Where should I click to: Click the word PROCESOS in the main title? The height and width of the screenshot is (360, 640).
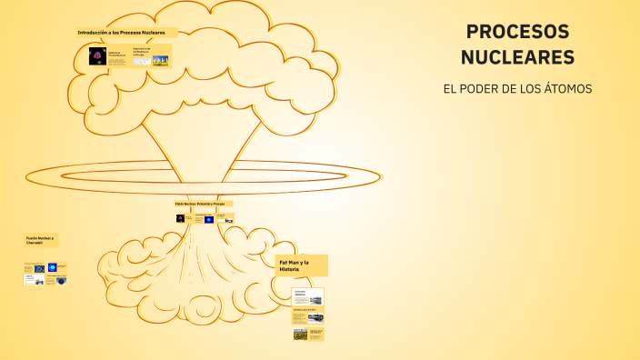point(517,32)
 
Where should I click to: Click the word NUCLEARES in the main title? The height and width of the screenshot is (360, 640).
point(517,57)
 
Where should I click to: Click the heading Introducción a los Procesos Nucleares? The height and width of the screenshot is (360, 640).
point(127,32)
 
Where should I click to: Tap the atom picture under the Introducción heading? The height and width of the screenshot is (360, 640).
point(97,56)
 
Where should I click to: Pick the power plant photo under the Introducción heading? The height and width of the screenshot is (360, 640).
point(161,60)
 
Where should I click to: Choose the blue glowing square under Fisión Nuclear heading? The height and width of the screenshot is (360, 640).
point(209,219)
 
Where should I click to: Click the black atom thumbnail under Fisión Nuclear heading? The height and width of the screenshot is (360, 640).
point(180,218)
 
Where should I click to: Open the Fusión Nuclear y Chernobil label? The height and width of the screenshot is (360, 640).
point(40,240)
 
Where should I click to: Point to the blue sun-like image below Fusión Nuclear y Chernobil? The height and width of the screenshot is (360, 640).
point(52,267)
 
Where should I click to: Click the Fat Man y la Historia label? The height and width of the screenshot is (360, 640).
point(301,265)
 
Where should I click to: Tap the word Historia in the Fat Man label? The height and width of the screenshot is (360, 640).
point(290,269)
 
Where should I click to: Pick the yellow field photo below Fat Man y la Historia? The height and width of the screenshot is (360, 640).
point(301,334)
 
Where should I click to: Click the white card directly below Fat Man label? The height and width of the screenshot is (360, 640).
point(308,297)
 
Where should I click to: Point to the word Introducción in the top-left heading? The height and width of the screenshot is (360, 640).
point(94,32)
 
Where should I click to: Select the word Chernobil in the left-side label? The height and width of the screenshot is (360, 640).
point(35,244)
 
